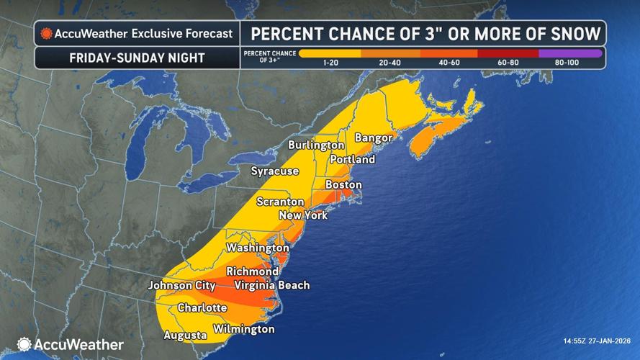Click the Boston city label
pyautogui.click(x=343, y=185)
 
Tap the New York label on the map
pyautogui.click(x=302, y=215)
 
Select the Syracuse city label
pyautogui.click(x=274, y=171)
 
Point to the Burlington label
pyautogui.click(x=316, y=145)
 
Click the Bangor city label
pyautogui.click(x=374, y=138)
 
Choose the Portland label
pyautogui.click(x=352, y=159)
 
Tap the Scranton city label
pyautogui.click(x=281, y=202)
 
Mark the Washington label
pyautogui.click(x=258, y=248)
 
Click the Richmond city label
pyautogui.click(x=252, y=271)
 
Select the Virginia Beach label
pyautogui.click(x=272, y=285)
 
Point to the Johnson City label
pyautogui.click(x=181, y=286)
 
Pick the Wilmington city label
pyautogui.click(x=243, y=330)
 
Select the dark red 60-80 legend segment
pyautogui.click(x=508, y=53)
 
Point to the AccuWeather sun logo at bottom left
pyautogui.click(x=24, y=344)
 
